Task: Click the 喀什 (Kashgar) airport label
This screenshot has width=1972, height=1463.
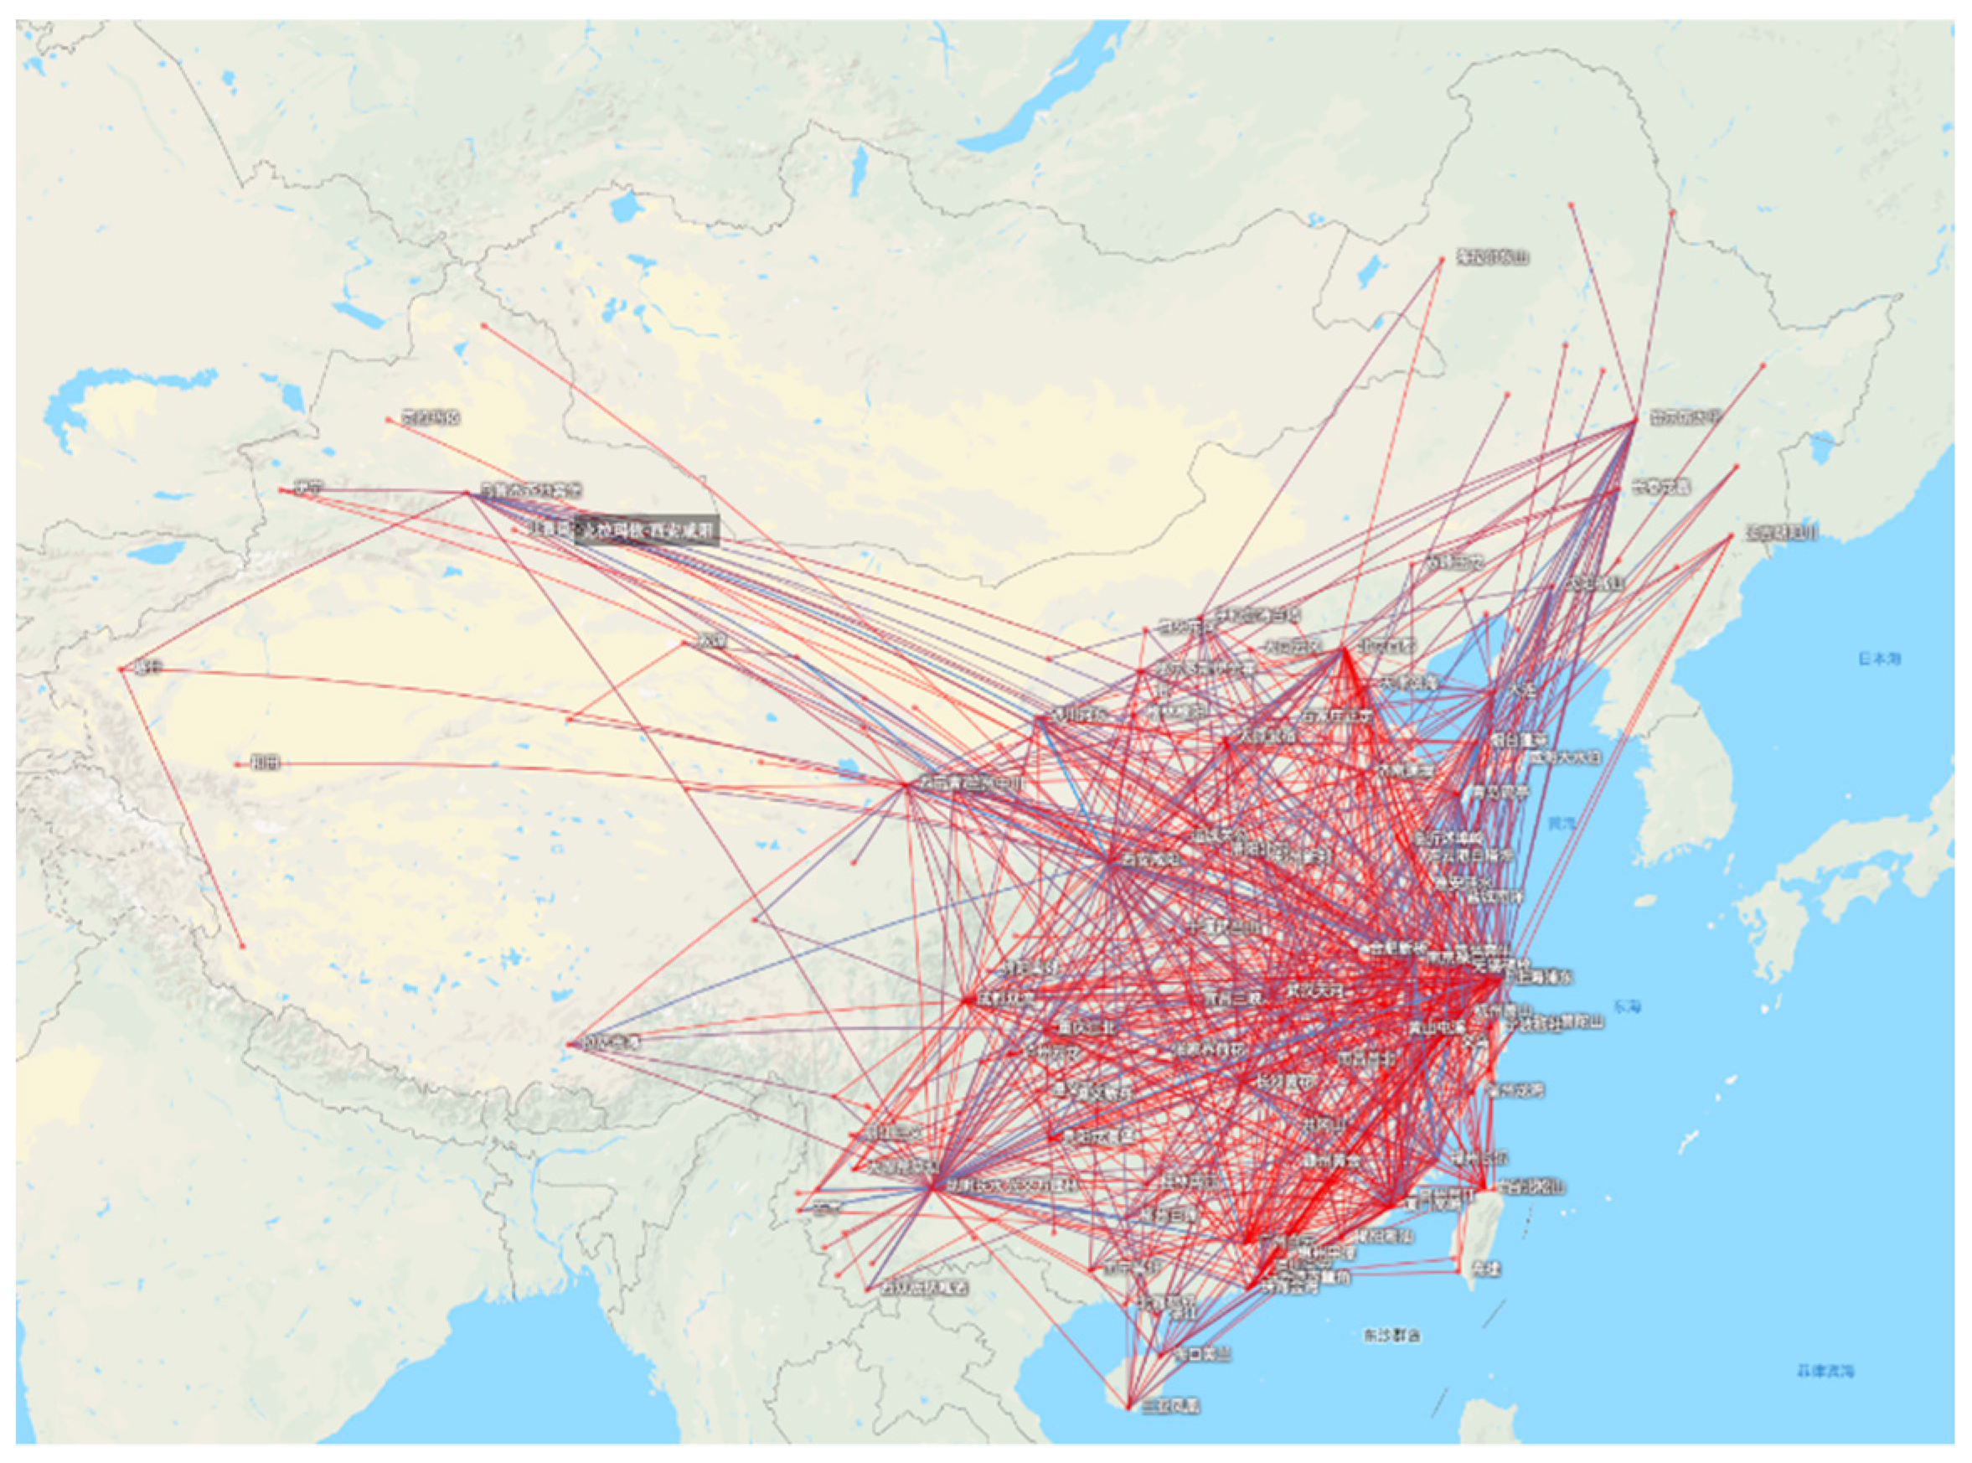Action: click(140, 668)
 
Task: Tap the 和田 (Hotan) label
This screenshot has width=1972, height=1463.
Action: click(265, 762)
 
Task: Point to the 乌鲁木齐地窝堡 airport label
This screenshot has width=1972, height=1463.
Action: click(531, 489)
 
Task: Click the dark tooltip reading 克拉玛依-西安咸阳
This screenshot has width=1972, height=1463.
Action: click(646, 531)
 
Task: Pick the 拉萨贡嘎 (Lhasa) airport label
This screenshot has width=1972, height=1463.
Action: click(610, 1044)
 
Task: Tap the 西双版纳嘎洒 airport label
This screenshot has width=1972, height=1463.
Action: click(921, 1288)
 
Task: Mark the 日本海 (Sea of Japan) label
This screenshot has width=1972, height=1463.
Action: click(1878, 658)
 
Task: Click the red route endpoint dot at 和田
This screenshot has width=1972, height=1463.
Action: click(237, 763)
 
